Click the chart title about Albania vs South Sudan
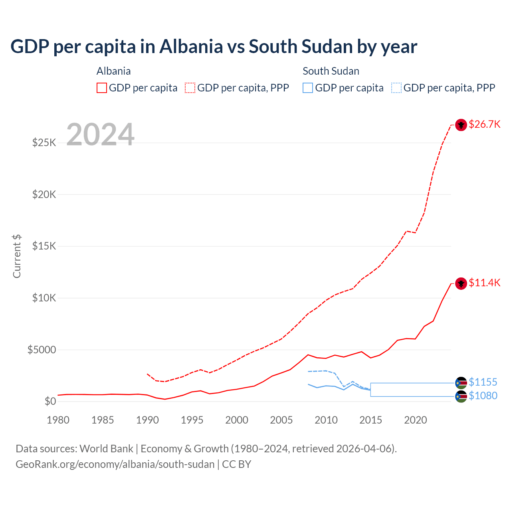click(x=214, y=47)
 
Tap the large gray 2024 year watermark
click(x=100, y=135)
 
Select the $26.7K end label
click(x=484, y=124)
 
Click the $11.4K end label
click(x=484, y=283)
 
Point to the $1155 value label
click(x=483, y=382)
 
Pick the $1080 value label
click(x=483, y=396)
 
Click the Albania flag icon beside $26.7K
click(x=461, y=125)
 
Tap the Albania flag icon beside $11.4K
click(x=461, y=283)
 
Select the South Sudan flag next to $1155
click(x=461, y=383)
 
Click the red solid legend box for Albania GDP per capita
click(x=102, y=88)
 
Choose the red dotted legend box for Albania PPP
click(x=190, y=88)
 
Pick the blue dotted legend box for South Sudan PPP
click(x=396, y=88)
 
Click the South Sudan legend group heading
click(x=331, y=71)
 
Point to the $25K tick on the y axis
click(x=44, y=143)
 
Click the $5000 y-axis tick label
click(x=42, y=350)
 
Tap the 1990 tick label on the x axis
click(x=147, y=420)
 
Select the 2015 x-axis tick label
click(x=370, y=420)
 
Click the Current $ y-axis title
click(x=17, y=256)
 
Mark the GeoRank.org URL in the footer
click(x=115, y=464)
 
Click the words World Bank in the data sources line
click(x=106, y=449)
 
